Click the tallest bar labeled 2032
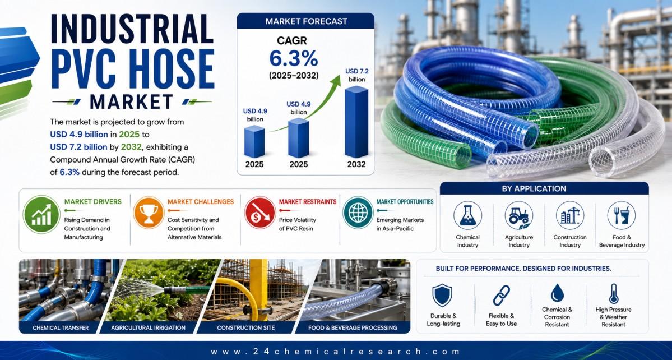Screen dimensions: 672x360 [x=356, y=122]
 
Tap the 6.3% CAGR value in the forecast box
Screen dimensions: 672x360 [x=294, y=59]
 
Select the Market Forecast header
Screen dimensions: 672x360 [x=305, y=21]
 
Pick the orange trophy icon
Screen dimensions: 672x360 [x=149, y=213]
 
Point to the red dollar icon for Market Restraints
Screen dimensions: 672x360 [x=259, y=213]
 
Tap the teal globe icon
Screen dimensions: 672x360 [x=358, y=213]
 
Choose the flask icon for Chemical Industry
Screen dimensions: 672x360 [x=467, y=215]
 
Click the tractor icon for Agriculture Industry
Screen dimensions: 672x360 [x=519, y=215]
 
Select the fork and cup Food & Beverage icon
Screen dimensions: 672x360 [x=622, y=215]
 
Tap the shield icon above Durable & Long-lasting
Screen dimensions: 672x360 [x=442, y=296]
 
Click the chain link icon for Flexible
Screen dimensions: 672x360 [x=502, y=296]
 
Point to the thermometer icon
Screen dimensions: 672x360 [x=614, y=294]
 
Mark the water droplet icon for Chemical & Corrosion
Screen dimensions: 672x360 [x=557, y=294]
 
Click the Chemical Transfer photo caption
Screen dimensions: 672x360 [x=61, y=328]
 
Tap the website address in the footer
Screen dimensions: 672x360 [x=336, y=352]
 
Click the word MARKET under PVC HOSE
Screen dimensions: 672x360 [x=132, y=101]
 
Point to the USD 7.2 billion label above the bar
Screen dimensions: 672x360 [x=356, y=75]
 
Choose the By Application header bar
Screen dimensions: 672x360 [x=544, y=188]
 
